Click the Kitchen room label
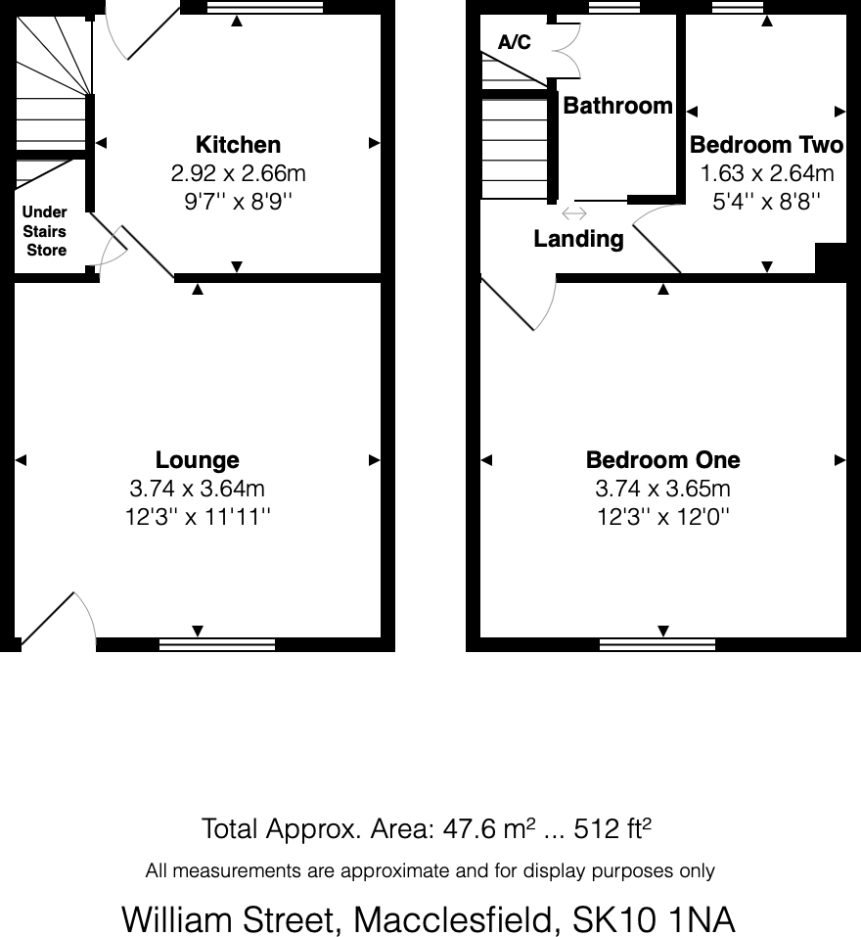pyautogui.click(x=238, y=145)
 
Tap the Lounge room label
pyautogui.click(x=198, y=460)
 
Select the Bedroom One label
pyautogui.click(x=662, y=460)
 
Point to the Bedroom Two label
pyautogui.click(x=767, y=145)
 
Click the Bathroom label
pyautogui.click(x=618, y=105)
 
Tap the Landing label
pyautogui.click(x=578, y=239)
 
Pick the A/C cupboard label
pyautogui.click(x=514, y=42)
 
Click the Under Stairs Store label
pyautogui.click(x=45, y=231)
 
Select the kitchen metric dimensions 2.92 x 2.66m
pyautogui.click(x=238, y=173)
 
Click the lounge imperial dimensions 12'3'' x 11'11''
pyautogui.click(x=198, y=516)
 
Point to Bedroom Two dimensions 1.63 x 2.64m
pyautogui.click(x=767, y=173)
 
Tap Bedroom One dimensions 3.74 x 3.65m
pyautogui.click(x=662, y=489)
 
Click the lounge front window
pyautogui.click(x=217, y=644)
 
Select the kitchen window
pyautogui.click(x=264, y=7)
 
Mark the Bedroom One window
pyautogui.click(x=657, y=644)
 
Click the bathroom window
pyautogui.click(x=614, y=7)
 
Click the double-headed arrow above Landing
pyautogui.click(x=574, y=212)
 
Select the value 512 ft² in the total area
pyautogui.click(x=612, y=829)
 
